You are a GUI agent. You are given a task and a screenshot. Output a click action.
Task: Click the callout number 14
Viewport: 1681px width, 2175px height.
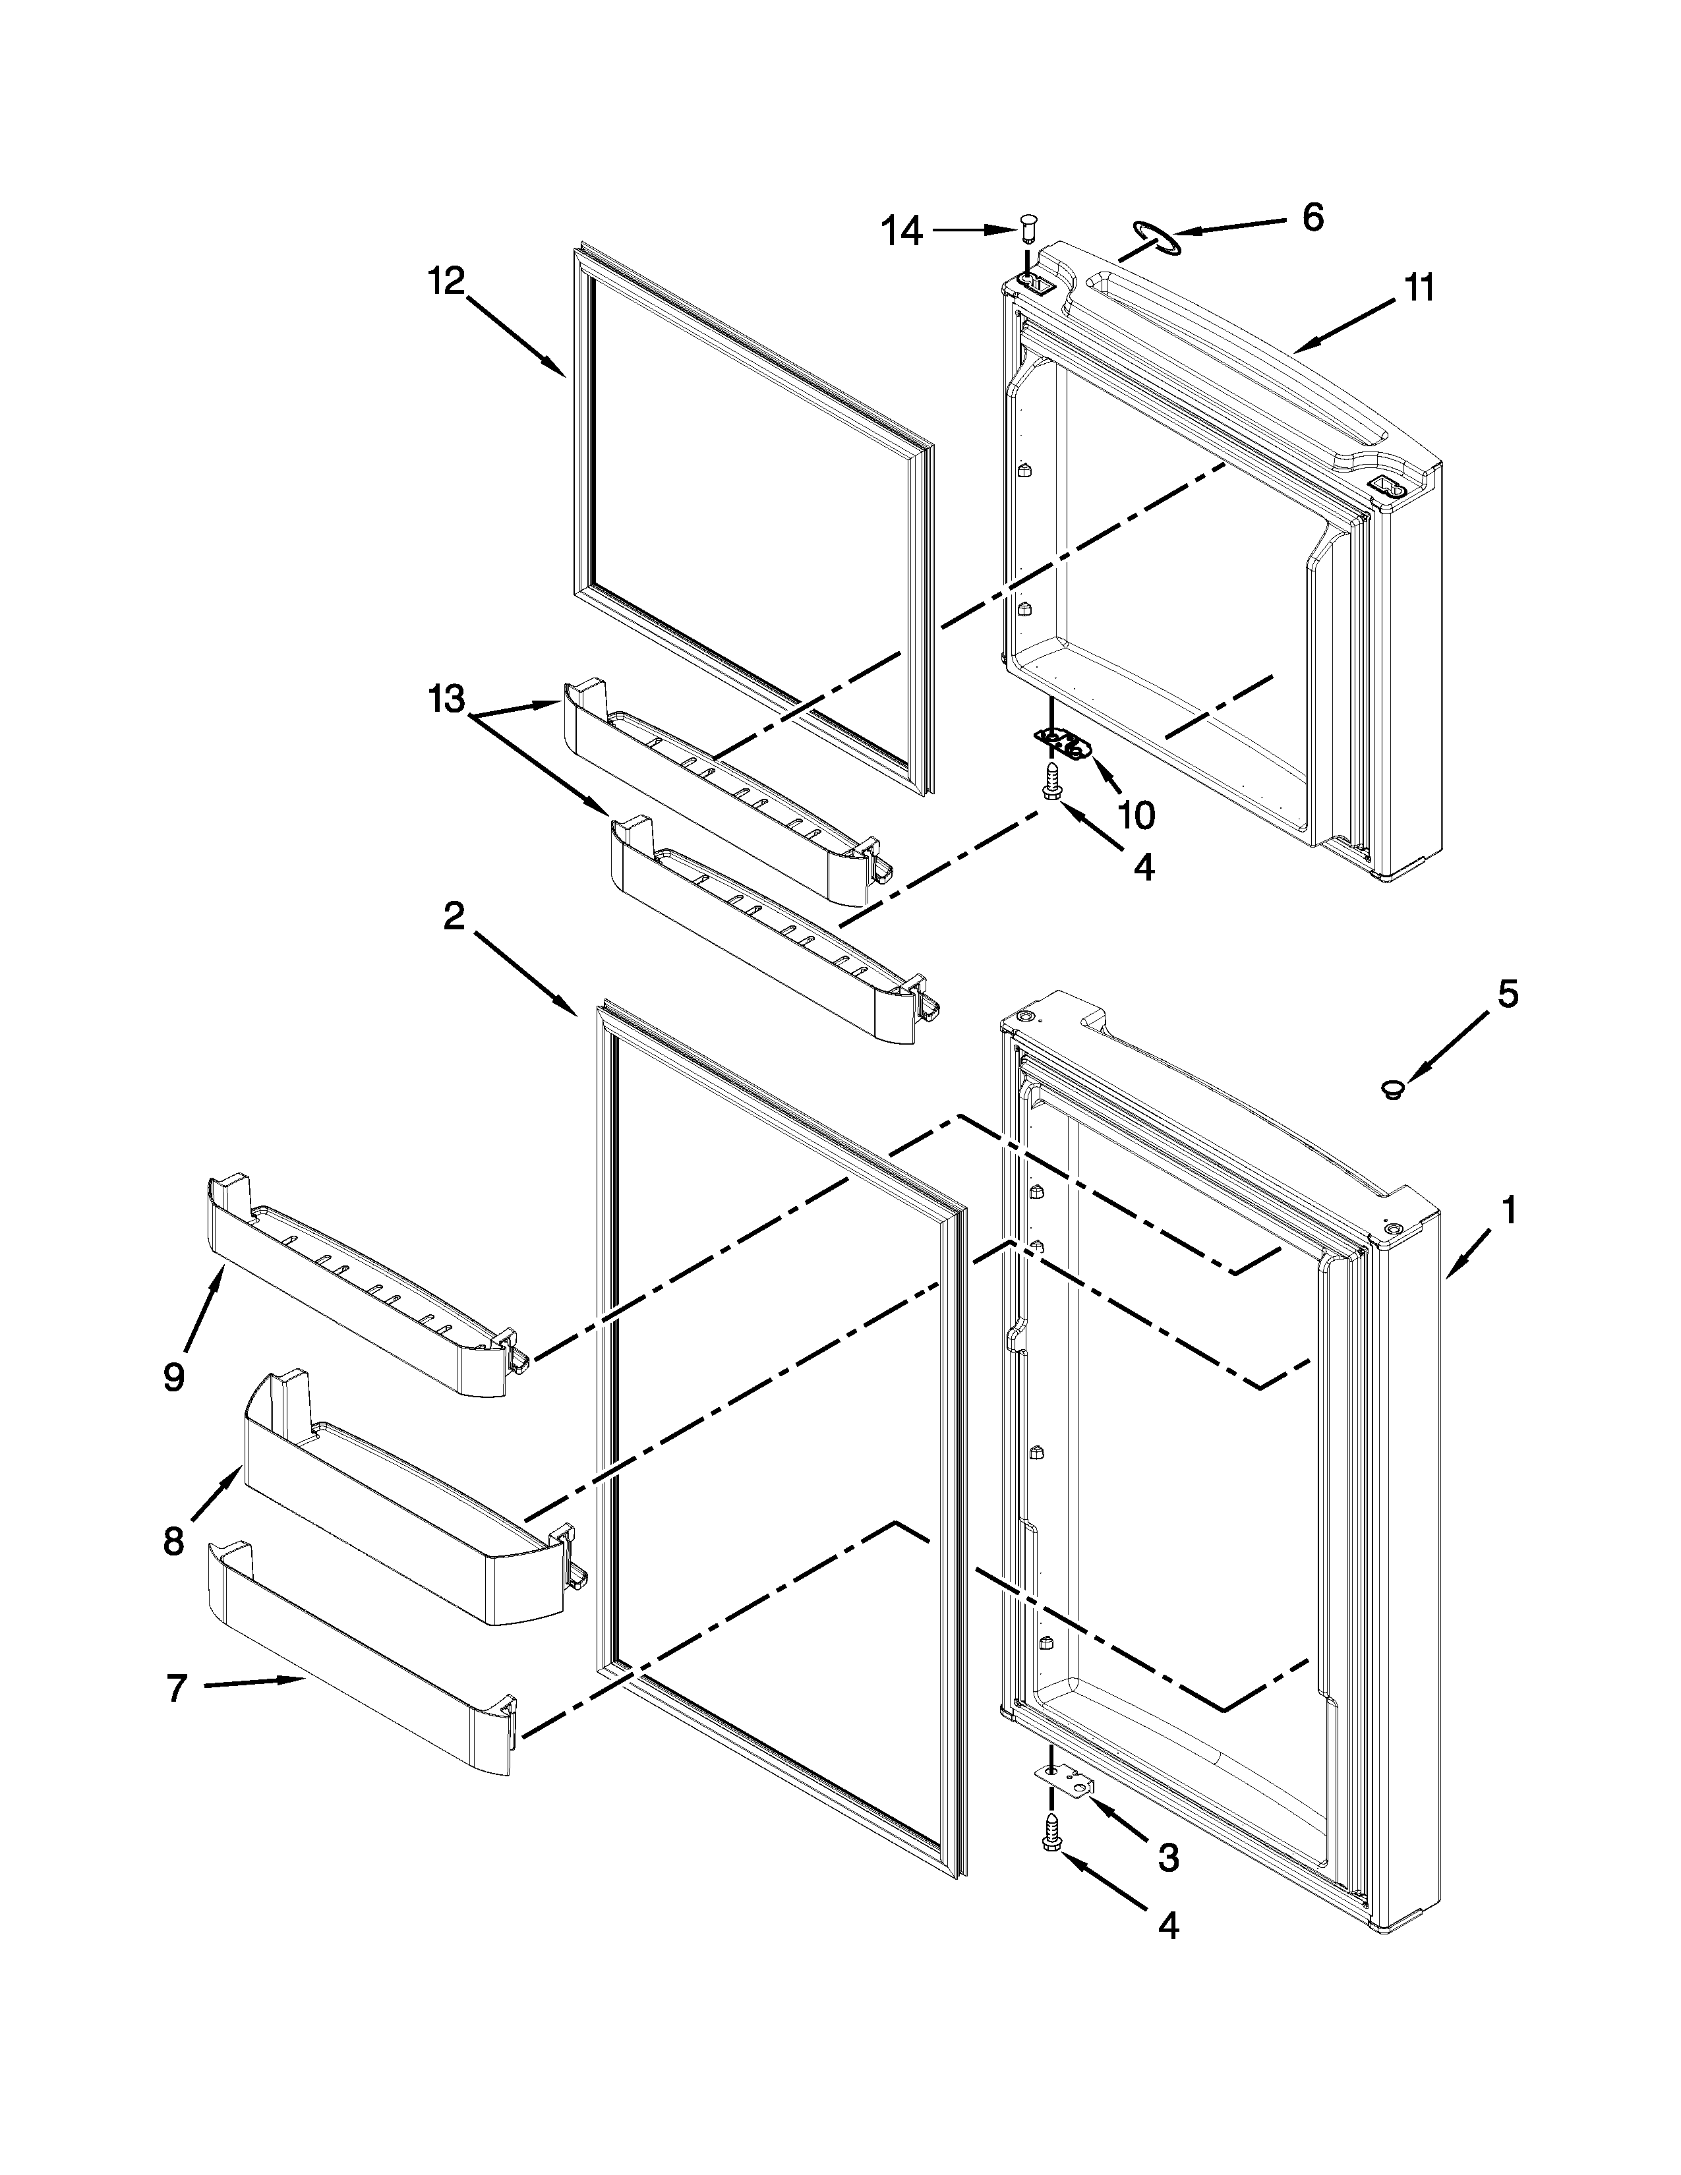[902, 232]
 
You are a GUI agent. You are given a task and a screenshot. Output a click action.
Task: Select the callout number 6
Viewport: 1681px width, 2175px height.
[1312, 216]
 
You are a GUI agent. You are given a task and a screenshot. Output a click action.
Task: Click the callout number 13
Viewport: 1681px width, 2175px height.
[447, 699]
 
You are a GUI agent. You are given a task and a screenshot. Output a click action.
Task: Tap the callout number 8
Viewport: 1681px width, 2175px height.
[173, 1542]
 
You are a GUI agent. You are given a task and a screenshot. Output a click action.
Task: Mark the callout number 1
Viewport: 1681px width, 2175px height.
[1509, 1211]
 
